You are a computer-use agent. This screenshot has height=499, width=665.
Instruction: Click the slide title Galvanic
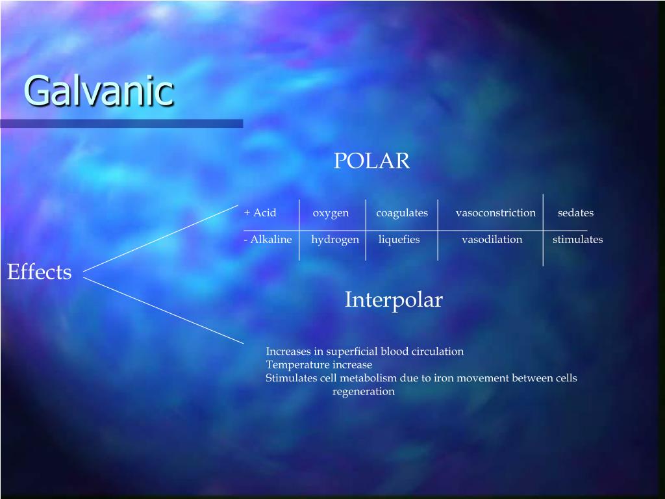click(x=99, y=90)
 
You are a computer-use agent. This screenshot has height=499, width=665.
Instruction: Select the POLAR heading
click(x=371, y=160)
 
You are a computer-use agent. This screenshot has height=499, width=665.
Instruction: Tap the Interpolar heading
click(x=393, y=300)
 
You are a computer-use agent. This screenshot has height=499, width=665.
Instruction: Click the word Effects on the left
click(x=39, y=272)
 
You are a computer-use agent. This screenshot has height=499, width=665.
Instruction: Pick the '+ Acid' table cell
click(x=260, y=213)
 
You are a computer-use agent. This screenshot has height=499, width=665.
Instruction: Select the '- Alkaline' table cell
click(x=268, y=240)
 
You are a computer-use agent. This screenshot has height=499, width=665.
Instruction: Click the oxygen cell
click(x=331, y=213)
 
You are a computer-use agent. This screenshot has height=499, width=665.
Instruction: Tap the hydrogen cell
click(x=334, y=240)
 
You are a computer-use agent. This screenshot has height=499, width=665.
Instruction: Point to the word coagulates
click(x=402, y=213)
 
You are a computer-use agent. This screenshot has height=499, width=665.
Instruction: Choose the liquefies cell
click(x=399, y=240)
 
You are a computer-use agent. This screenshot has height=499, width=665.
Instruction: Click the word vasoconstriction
click(x=496, y=213)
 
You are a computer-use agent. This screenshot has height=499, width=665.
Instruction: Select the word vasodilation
click(x=492, y=240)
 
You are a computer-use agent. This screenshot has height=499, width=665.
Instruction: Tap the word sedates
click(x=575, y=213)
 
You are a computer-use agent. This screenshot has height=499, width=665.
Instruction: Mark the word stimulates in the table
click(x=577, y=240)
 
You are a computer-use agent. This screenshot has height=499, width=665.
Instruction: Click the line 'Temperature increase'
click(x=319, y=365)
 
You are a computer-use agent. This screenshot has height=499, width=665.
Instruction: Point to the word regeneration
click(x=363, y=392)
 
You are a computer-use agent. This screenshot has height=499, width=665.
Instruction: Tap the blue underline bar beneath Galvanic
click(x=121, y=123)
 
